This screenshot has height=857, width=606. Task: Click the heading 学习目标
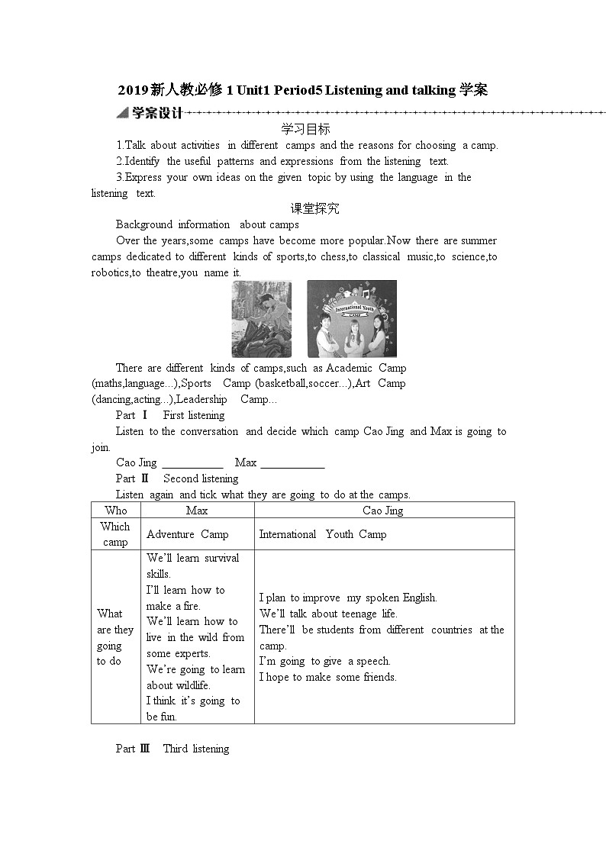(305, 129)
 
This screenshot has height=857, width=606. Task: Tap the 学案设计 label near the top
(156, 113)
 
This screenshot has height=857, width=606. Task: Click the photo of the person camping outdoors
(262, 319)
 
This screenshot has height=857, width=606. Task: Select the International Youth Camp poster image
(352, 319)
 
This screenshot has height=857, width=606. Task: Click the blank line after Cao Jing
(192, 463)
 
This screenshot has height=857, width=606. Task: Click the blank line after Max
(292, 463)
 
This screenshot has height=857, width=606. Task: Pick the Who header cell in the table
(116, 511)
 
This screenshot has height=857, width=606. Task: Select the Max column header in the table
(197, 511)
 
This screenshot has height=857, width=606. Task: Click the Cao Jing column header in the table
(383, 511)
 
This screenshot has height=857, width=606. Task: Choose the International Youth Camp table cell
(323, 534)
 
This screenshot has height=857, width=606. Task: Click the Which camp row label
(115, 534)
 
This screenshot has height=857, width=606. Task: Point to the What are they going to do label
(114, 637)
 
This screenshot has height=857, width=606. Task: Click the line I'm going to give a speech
(324, 661)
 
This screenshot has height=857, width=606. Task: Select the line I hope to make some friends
(327, 677)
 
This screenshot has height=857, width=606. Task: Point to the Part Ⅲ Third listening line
(172, 749)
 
